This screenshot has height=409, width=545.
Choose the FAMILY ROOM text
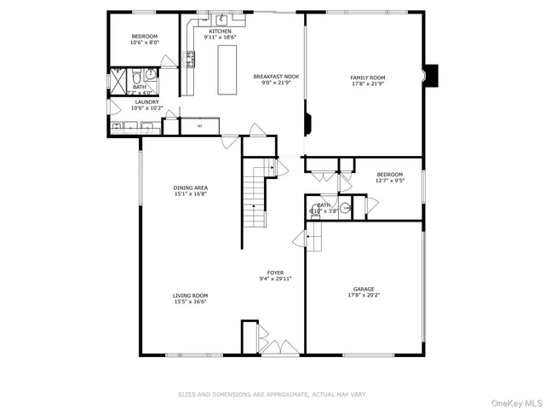(x=364, y=78)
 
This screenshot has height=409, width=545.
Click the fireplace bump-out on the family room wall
(x=432, y=76)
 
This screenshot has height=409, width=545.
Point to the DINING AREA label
(x=190, y=187)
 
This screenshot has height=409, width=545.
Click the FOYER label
(x=275, y=272)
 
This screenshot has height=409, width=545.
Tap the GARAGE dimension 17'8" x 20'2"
(x=364, y=296)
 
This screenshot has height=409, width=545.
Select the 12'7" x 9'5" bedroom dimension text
(x=390, y=181)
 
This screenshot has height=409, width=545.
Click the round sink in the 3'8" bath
(x=345, y=208)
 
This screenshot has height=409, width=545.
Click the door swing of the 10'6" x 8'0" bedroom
(x=171, y=61)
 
